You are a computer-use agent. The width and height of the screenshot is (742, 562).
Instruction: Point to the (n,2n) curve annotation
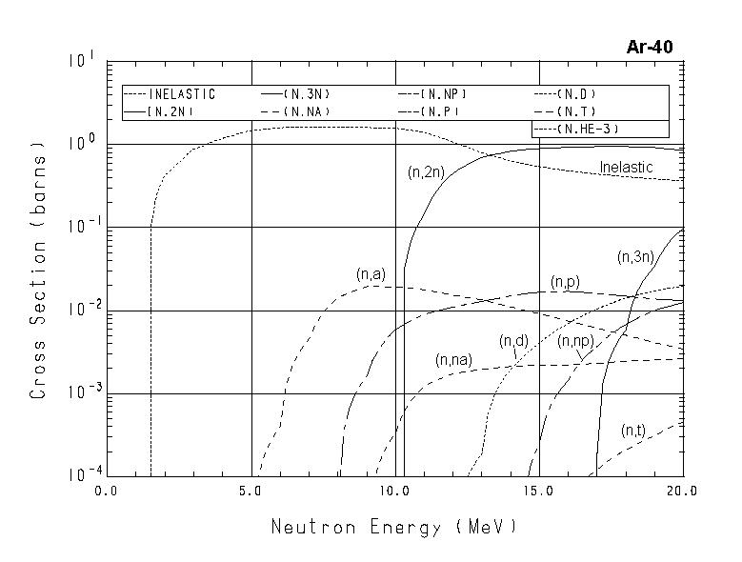click(425, 172)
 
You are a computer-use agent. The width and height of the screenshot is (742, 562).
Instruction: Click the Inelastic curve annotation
click(626, 168)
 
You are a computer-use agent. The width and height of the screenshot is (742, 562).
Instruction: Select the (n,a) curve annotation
click(371, 274)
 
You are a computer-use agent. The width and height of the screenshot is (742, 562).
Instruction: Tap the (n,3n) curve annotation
click(635, 256)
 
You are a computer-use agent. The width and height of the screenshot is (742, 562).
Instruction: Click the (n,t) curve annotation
click(633, 431)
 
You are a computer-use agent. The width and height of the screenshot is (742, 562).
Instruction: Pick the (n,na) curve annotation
click(454, 360)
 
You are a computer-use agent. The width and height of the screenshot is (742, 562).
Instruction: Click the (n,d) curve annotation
click(513, 341)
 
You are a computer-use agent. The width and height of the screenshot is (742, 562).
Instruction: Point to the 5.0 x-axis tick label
click(251, 492)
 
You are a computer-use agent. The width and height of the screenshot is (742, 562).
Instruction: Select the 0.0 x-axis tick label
click(107, 492)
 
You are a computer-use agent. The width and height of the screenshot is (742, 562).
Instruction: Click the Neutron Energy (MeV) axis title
click(394, 527)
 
